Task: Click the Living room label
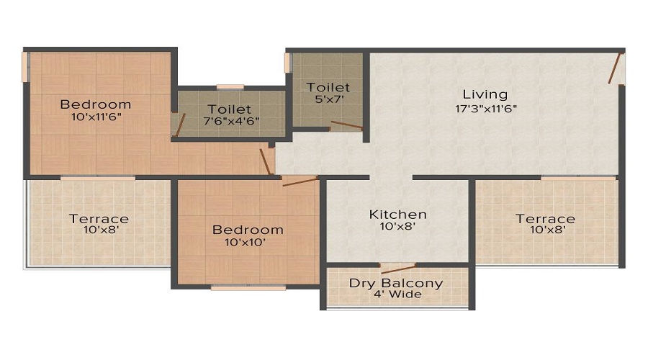coord(485,94)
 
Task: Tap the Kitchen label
coord(397,215)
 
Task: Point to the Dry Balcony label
coord(396,282)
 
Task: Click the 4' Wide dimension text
coord(396,294)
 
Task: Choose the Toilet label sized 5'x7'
coord(328,87)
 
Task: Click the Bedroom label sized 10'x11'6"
coord(95,103)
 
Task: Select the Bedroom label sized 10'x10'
coord(248,230)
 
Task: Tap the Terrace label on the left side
coord(99,219)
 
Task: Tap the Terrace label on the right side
coord(545,219)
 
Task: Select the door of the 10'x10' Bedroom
coord(299,181)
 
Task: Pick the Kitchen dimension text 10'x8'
coord(397,227)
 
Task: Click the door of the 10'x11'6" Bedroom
coord(266,161)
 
